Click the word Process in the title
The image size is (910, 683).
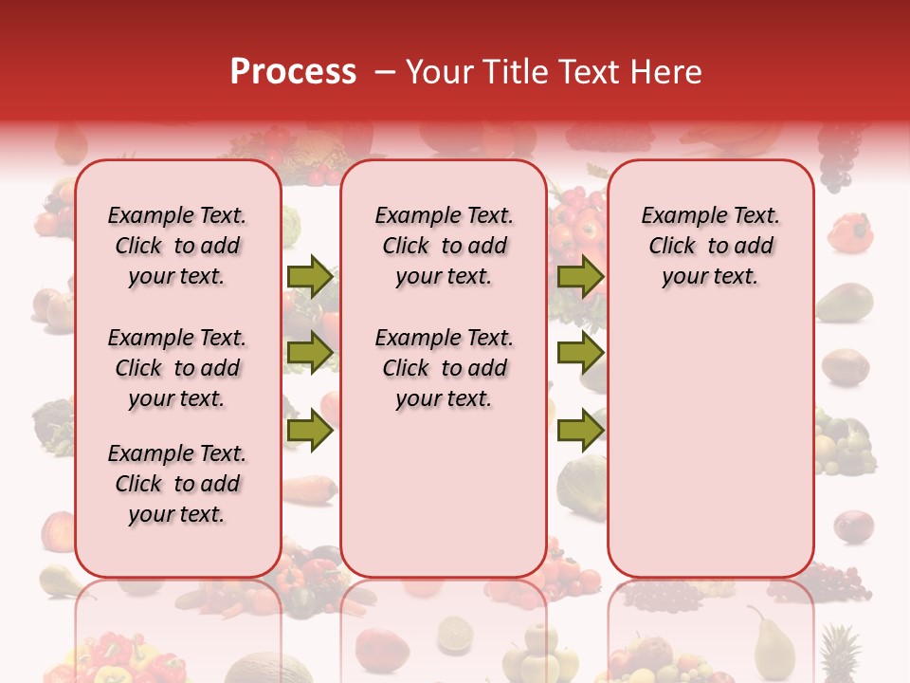tap(292, 72)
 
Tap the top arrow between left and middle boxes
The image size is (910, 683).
tap(309, 276)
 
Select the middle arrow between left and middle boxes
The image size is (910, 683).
tap(309, 353)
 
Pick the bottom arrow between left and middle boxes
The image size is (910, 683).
tap(309, 431)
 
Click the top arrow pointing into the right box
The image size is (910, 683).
tap(580, 276)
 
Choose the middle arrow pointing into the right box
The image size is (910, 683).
tap(580, 353)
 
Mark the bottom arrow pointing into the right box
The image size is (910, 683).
tap(580, 431)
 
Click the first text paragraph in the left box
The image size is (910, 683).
tap(177, 246)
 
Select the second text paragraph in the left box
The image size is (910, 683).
tap(177, 368)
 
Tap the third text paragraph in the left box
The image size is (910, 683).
tap(177, 484)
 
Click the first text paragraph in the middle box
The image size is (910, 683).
tap(444, 246)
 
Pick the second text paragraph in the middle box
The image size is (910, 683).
tap(444, 368)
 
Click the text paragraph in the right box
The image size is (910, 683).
tap(710, 246)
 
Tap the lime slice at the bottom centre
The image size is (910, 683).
tap(455, 633)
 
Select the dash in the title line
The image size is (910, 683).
tap(383, 72)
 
